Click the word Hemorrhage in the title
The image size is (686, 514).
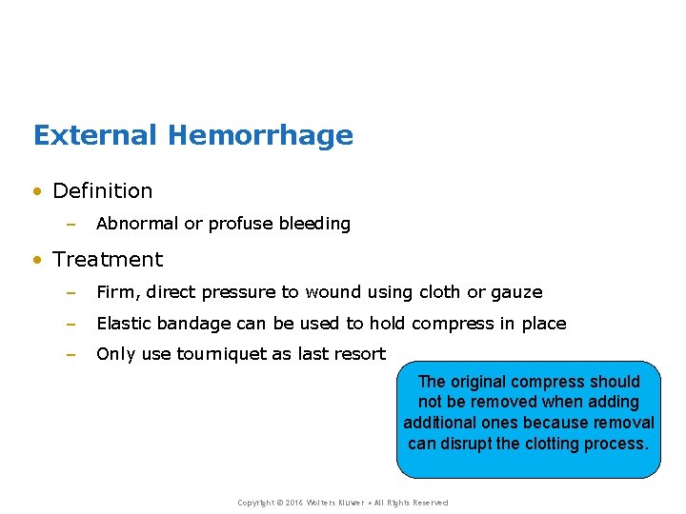[260, 135]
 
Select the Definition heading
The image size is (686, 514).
[102, 191]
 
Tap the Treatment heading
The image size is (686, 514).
[108, 260]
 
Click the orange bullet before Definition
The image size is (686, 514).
[37, 192]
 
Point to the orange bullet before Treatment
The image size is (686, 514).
[37, 261]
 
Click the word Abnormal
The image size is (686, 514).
[137, 225]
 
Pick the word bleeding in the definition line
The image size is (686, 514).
[314, 225]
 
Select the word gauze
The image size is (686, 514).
[516, 293]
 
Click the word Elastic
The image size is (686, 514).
[124, 325]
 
